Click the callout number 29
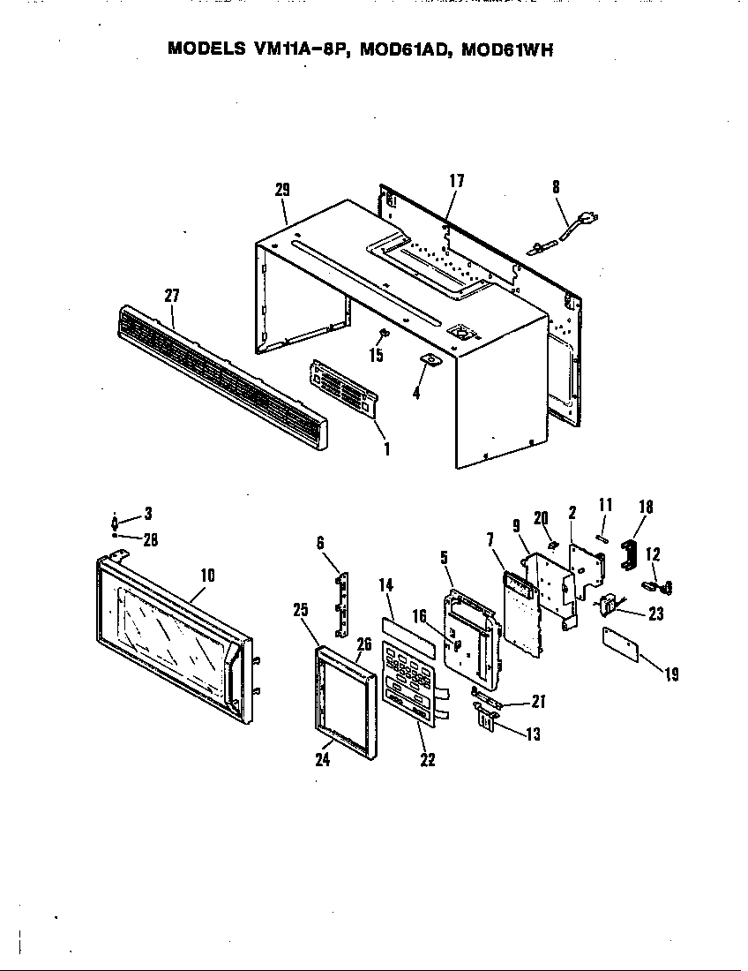(x=282, y=189)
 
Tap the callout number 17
(x=456, y=181)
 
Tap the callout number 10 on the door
(x=208, y=575)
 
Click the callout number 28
(x=151, y=540)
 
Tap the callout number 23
(x=656, y=614)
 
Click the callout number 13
(x=533, y=734)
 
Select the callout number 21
(x=539, y=702)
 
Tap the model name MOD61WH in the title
(x=506, y=49)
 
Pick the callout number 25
(x=301, y=609)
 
